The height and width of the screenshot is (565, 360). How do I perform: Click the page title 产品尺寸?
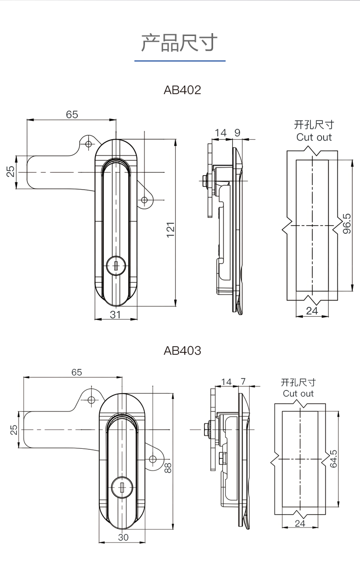pos(180,43)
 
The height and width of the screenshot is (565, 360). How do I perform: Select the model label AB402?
pos(182,90)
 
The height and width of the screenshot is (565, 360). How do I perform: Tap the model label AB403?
pos(182,351)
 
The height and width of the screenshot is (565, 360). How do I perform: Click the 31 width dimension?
pos(115,314)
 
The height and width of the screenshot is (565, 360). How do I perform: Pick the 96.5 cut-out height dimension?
pos(347,224)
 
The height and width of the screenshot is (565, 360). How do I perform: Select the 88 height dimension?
pos(168,467)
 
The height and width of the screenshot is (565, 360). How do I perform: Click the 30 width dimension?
pos(123,537)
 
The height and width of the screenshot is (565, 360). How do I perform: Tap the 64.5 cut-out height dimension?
pos(334,458)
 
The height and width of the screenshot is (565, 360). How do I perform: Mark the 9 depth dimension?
pos(238,133)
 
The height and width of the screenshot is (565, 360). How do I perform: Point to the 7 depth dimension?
pos(243,382)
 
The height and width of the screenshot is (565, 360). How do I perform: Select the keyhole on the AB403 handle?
pos(122,489)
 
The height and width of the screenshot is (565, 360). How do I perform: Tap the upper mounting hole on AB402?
pos(88,144)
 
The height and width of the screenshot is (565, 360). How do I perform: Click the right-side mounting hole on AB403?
pos(153,459)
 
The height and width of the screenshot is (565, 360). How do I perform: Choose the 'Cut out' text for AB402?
pos(314,137)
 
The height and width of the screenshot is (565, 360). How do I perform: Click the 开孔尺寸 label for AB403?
pos(298,383)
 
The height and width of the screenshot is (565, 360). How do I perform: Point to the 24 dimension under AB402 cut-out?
pos(312,311)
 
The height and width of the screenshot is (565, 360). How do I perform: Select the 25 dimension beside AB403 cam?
pos(14,429)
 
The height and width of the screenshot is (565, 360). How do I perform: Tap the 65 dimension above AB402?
pos(72,114)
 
